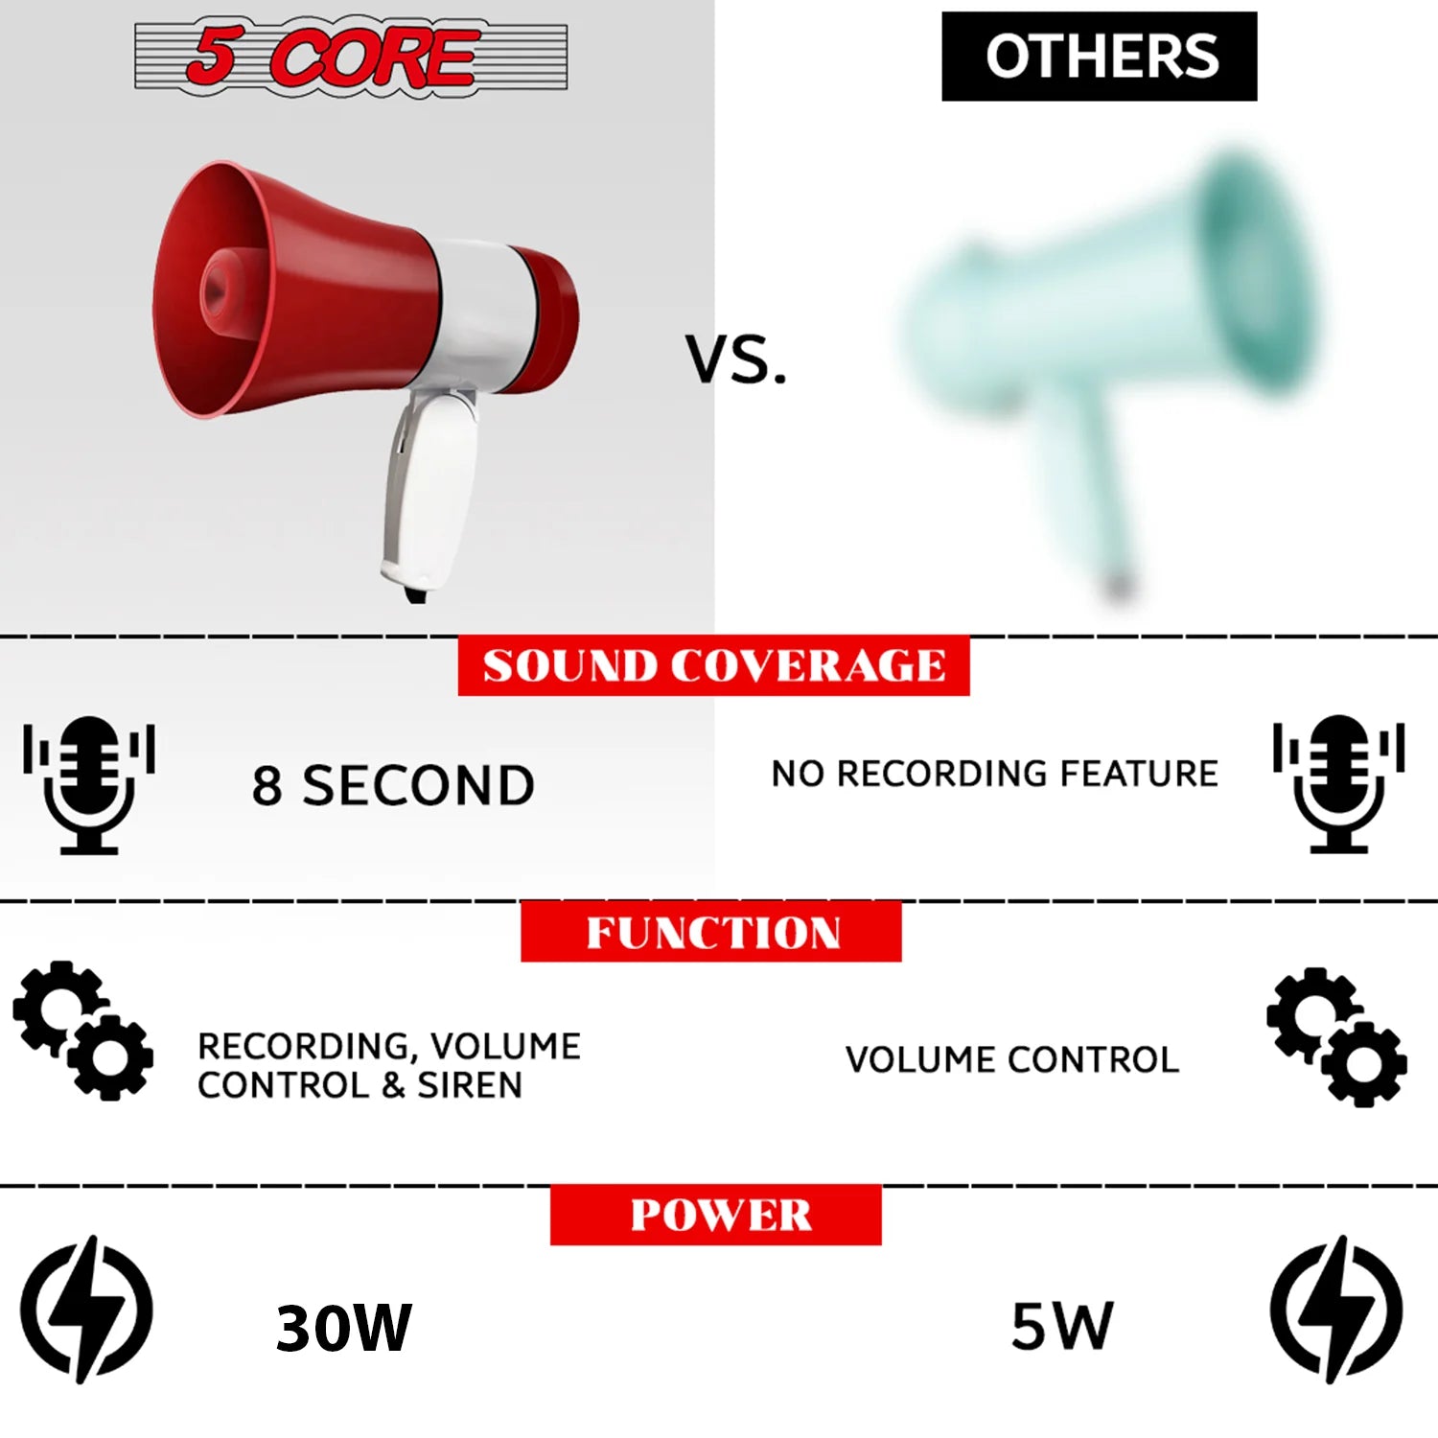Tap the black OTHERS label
[1099, 57]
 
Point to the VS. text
[735, 360]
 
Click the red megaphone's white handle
[431, 489]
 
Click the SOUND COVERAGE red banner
[713, 665]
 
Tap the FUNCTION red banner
[711, 932]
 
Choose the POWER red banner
[716, 1215]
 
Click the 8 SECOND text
[393, 785]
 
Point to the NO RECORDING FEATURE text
[994, 774]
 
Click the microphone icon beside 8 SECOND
[89, 784]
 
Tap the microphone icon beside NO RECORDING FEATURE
[1339, 783]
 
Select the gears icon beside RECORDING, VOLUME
[83, 1031]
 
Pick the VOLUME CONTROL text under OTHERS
[1011, 1059]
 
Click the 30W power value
[343, 1328]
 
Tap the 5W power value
[1062, 1326]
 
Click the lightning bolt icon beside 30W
[87, 1310]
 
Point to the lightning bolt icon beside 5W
[1336, 1310]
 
